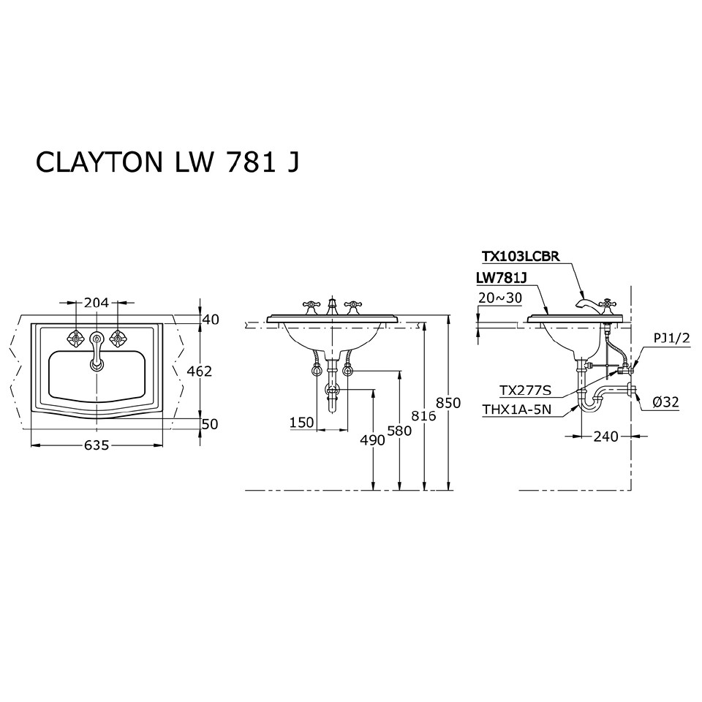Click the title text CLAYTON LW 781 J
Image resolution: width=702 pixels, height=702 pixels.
[x=167, y=162]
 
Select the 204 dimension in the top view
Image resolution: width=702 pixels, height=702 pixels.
[x=97, y=302]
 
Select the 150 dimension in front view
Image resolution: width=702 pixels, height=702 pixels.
[x=301, y=423]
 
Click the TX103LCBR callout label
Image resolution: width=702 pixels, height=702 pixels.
[x=521, y=256]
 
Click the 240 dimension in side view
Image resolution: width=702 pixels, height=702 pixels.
[x=606, y=437]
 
